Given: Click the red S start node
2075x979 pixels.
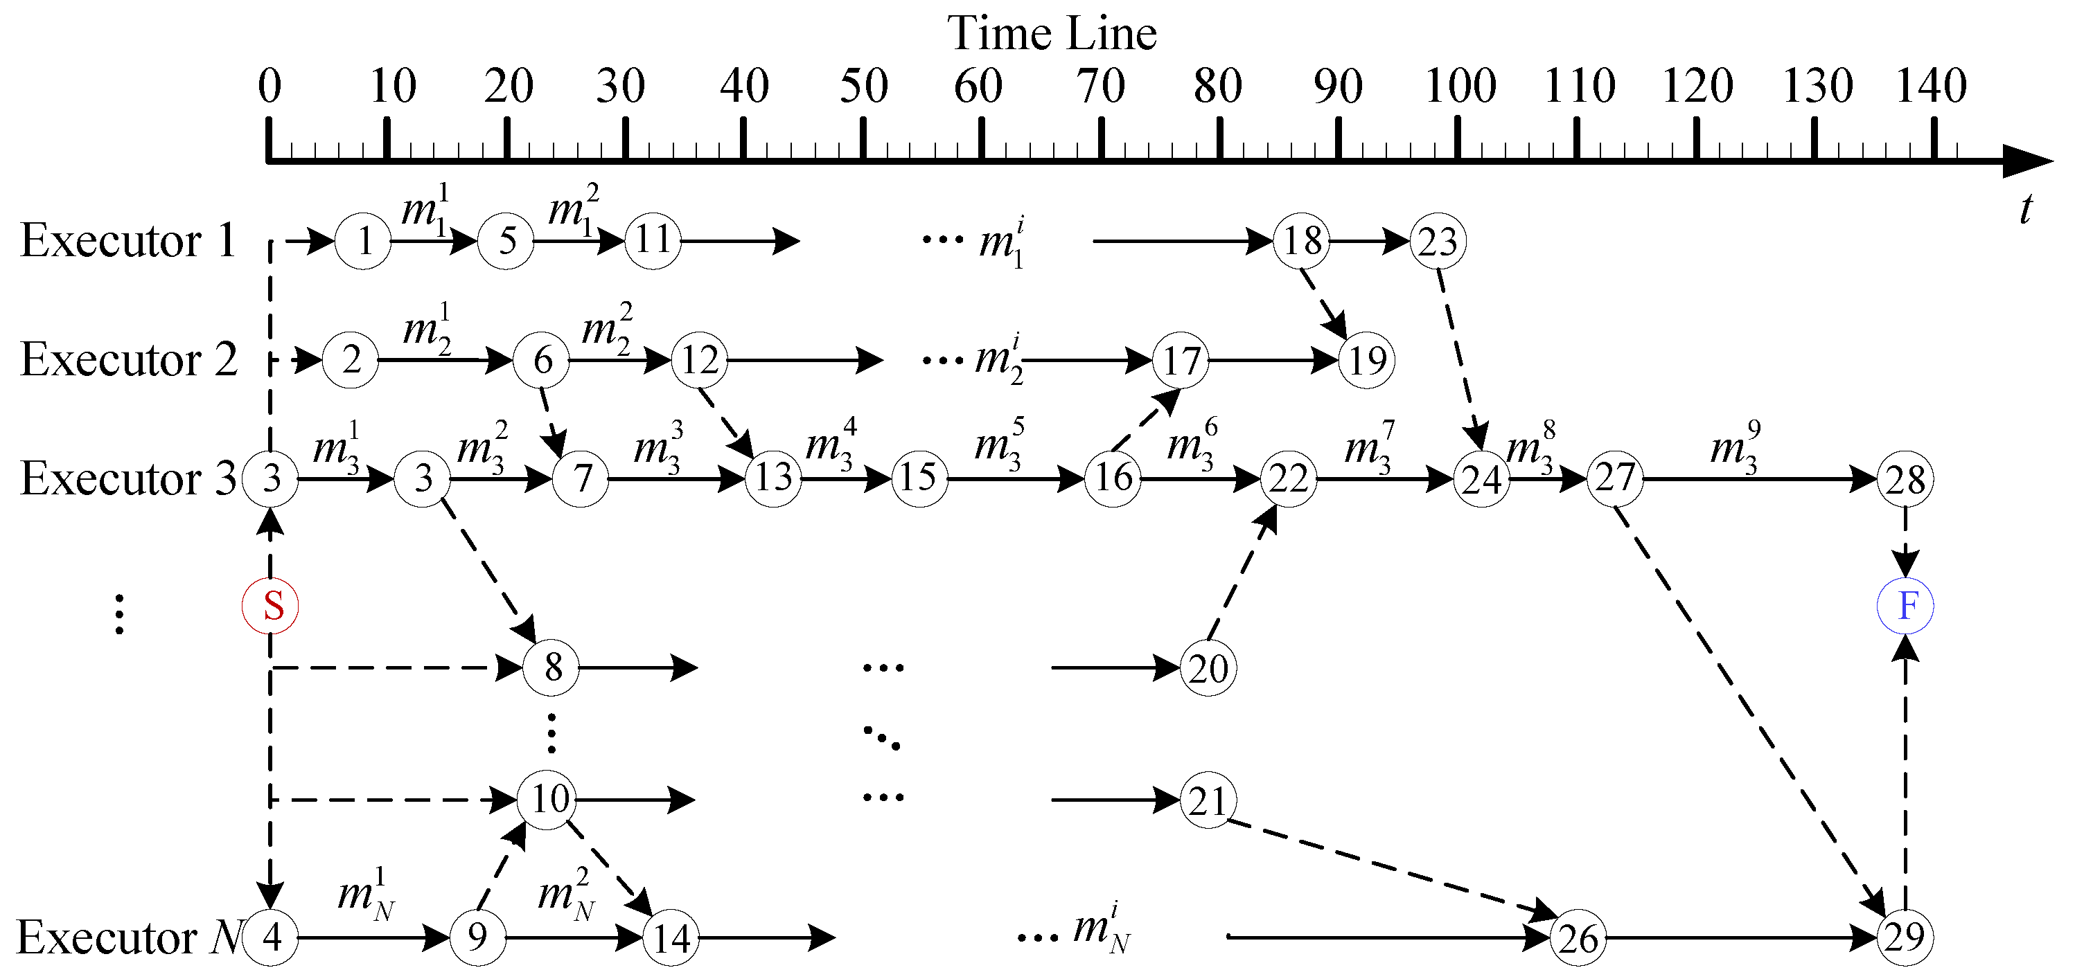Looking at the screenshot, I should pyautogui.click(x=271, y=605).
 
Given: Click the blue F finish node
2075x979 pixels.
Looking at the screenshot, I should pyautogui.click(x=1905, y=605).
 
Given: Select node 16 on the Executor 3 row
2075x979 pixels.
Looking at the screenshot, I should pyautogui.click(x=1113, y=478).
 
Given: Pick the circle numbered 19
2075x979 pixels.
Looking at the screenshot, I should pyautogui.click(x=1366, y=361).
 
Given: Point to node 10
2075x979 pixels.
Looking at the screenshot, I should pyautogui.click(x=549, y=800).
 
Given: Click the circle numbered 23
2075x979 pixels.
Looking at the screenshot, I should pyautogui.click(x=1438, y=242).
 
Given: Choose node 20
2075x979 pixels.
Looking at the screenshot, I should pyautogui.click(x=1208, y=668).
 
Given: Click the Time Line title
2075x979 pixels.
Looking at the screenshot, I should pyautogui.click(x=1051, y=34).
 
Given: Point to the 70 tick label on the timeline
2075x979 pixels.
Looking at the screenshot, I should pyautogui.click(x=1100, y=85).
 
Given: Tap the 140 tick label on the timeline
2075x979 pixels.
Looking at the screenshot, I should pyautogui.click(x=1931, y=85).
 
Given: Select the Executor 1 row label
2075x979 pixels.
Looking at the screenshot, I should pyautogui.click(x=127, y=240).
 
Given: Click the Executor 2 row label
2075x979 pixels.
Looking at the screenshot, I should pyautogui.click(x=129, y=359).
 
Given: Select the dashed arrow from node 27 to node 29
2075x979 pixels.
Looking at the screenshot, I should pyautogui.click(x=1748, y=708).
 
